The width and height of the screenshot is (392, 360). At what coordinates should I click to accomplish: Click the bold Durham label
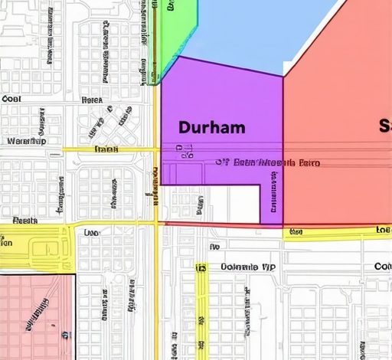211,127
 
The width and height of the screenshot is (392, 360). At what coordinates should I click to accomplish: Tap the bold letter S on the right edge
385,126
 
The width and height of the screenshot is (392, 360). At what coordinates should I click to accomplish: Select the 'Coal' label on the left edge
11,99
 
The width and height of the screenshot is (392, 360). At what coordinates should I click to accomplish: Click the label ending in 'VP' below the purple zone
247,267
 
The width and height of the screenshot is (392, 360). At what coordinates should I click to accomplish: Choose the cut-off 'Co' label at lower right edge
382,267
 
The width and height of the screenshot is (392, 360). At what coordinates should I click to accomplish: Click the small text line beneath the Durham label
267,162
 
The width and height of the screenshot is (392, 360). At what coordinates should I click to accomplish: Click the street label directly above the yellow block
25,221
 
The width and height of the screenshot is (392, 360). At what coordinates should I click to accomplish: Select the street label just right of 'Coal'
92,100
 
